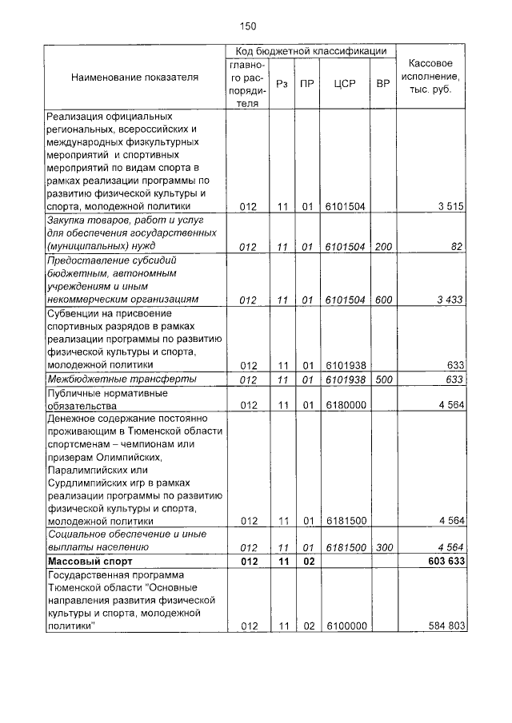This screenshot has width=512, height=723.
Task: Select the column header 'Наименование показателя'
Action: (x=134, y=77)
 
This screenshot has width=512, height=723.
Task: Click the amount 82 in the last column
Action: (x=457, y=247)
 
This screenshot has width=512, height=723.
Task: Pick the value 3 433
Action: (x=450, y=299)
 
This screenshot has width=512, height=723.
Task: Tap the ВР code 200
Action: (x=383, y=247)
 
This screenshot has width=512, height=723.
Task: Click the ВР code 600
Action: (x=383, y=299)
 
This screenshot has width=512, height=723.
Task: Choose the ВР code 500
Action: (x=383, y=379)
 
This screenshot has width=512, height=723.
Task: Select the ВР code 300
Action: (x=383, y=548)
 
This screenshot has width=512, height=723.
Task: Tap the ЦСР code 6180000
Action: (x=345, y=405)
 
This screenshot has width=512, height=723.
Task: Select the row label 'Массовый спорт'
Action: (x=87, y=562)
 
